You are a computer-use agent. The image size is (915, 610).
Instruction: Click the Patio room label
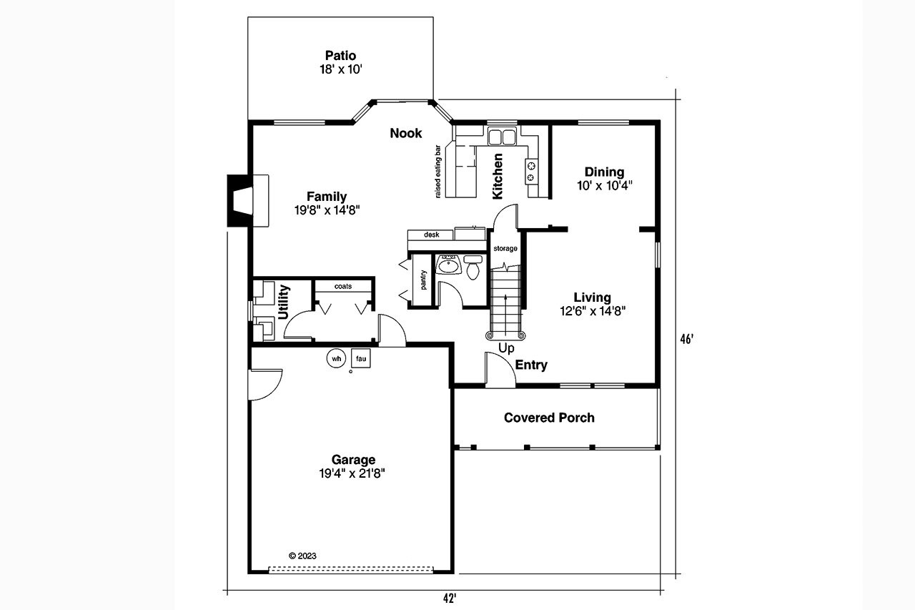(x=340, y=56)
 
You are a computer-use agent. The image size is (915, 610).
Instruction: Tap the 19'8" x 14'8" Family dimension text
(x=327, y=210)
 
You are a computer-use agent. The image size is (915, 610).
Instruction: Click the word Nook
(x=405, y=133)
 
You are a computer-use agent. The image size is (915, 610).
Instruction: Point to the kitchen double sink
(x=503, y=137)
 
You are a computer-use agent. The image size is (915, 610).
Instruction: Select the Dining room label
(x=604, y=172)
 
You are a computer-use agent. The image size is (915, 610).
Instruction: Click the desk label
(x=431, y=235)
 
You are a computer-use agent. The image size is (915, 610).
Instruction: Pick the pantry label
(x=423, y=281)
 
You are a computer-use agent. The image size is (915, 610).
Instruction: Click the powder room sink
(x=449, y=265)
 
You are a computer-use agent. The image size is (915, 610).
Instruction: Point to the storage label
(x=505, y=248)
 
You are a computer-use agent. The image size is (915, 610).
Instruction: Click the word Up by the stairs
(x=506, y=348)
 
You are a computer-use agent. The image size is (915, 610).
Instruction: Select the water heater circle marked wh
(x=336, y=357)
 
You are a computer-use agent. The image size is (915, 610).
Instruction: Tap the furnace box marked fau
(x=361, y=357)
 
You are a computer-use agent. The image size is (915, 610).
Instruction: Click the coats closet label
(x=343, y=286)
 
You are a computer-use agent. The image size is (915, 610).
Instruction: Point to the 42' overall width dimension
(x=449, y=599)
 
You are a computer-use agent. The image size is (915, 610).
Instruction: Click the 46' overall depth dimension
(x=686, y=340)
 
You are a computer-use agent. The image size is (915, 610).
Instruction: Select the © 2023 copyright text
(x=302, y=555)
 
